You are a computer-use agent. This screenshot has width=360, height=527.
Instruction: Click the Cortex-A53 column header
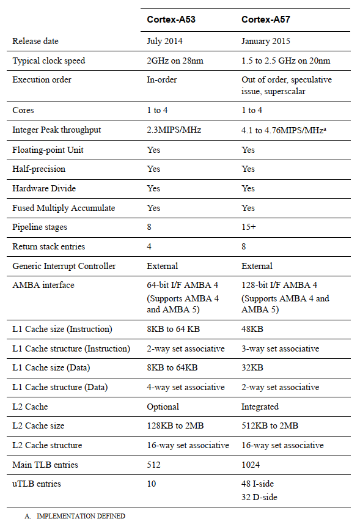pos(171,20)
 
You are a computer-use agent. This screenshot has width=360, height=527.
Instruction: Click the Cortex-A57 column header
pos(265,20)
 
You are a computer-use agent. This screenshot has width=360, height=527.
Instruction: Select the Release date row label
pos(35,42)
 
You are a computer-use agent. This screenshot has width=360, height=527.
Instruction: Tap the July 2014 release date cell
pos(164,42)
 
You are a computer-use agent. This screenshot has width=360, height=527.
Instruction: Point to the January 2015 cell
pos(266,42)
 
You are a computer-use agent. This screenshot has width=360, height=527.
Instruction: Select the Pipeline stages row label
pos(40,227)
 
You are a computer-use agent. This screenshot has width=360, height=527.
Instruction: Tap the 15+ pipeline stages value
pos(248,227)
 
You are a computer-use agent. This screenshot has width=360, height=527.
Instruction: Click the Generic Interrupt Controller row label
pos(64,266)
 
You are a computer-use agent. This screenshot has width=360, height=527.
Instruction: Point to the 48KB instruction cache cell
pos(252,329)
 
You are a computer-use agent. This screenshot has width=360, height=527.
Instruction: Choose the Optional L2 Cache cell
pos(163,407)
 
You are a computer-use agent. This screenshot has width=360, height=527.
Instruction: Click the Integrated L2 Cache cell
pos(260,407)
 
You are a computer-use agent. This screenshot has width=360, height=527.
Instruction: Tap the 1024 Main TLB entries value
pos(251,465)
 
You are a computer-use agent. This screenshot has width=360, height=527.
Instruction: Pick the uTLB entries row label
pos(36,484)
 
